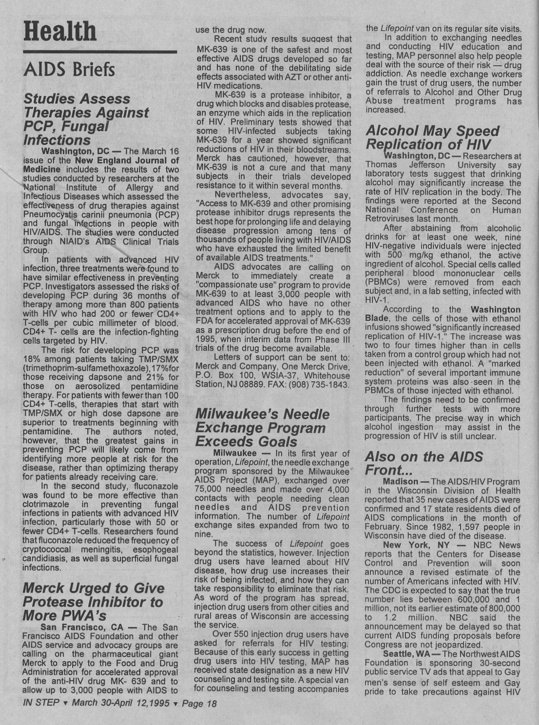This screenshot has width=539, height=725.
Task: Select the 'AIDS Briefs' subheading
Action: point(69,69)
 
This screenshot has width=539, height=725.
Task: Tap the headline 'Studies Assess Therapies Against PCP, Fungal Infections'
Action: point(86,119)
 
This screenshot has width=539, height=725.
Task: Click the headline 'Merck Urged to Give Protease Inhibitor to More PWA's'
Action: point(93,601)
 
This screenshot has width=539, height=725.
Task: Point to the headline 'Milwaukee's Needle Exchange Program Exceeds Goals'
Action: point(262,428)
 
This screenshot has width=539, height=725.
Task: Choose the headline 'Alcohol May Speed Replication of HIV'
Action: point(432,137)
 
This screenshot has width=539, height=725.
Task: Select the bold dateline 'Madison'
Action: point(400,481)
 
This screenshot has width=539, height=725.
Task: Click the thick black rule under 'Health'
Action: point(100,51)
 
